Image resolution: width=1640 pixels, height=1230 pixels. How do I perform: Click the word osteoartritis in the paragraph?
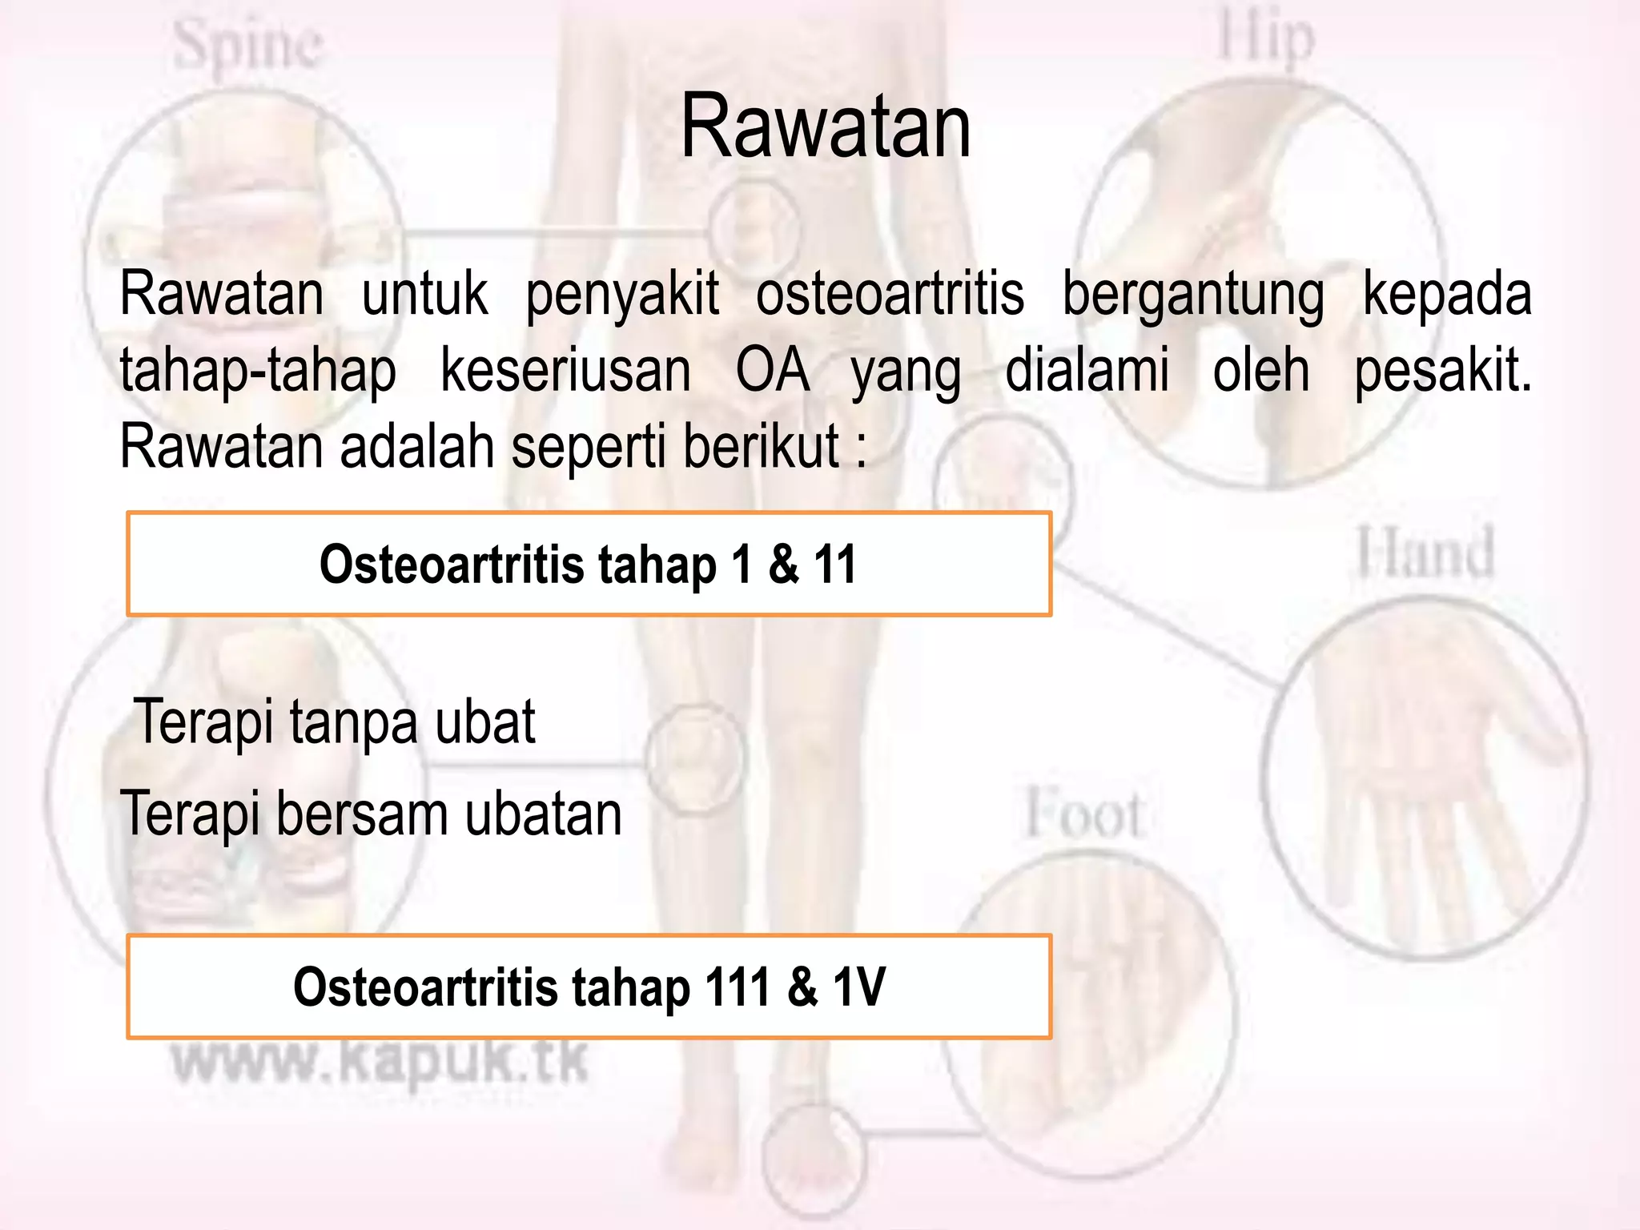click(x=890, y=294)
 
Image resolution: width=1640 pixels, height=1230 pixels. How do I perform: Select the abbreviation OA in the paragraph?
click(x=771, y=370)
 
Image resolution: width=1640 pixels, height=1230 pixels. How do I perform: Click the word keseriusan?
click(x=565, y=370)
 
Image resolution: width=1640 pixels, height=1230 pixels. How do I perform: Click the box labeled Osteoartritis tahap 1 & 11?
click(x=589, y=565)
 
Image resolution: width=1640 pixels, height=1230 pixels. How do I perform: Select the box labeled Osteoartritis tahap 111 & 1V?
click(x=589, y=987)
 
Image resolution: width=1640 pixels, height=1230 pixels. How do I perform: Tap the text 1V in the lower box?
click(x=859, y=987)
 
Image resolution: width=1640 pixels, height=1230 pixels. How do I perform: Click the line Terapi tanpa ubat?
click(x=335, y=722)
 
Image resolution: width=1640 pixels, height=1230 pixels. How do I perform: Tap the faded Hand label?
click(x=1425, y=553)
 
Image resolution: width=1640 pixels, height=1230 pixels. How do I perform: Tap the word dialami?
click(x=1087, y=370)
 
